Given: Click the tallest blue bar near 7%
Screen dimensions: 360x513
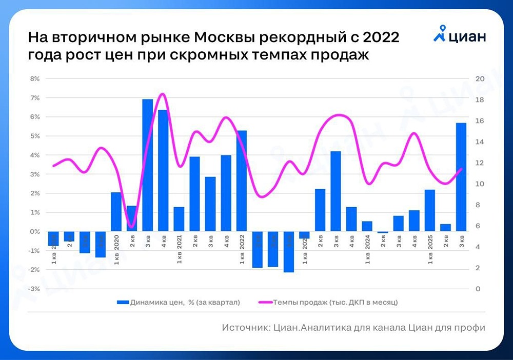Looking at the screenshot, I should coord(147,164).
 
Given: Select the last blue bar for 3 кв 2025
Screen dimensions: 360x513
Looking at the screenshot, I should coord(461,177).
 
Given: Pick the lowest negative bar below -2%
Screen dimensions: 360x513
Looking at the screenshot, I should coord(289,252).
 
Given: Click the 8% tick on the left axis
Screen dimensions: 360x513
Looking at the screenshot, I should coord(35,79).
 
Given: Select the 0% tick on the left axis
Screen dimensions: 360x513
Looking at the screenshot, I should coord(35,232).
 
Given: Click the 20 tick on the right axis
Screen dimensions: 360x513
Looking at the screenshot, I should coord(480,79).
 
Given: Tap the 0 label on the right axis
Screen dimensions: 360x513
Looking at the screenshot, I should coord(478,289).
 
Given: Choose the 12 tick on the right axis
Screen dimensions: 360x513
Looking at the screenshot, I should coord(480,163).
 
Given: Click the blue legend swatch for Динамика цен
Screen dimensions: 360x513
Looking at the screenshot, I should coord(123,303).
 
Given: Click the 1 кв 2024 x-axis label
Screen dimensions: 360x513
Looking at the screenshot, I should coord(367,251).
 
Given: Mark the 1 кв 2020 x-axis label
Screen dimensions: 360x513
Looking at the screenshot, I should coord(116,251).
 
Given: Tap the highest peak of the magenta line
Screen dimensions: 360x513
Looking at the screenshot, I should coord(163,94).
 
